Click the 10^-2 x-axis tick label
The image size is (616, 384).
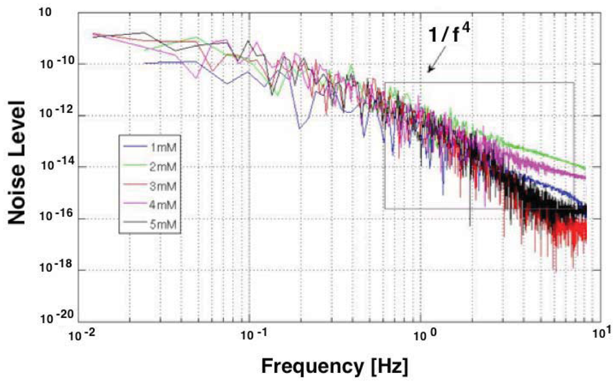click(81, 334)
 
